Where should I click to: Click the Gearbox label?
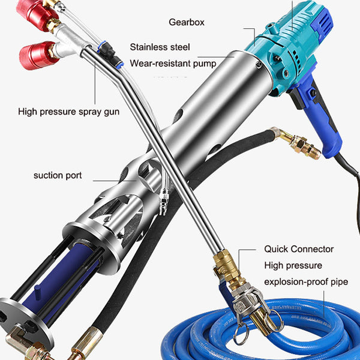pyautogui.click(x=187, y=22)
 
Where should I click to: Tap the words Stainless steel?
pyautogui.click(x=160, y=47)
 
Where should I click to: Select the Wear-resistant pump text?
pyautogui.click(x=173, y=64)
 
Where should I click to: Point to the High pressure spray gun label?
pyautogui.click(x=68, y=112)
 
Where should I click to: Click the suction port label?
pyautogui.click(x=58, y=175)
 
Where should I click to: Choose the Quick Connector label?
pyautogui.click(x=299, y=249)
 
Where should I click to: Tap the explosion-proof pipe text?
pyautogui.click(x=306, y=282)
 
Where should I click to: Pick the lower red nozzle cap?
pyautogui.click(x=38, y=55)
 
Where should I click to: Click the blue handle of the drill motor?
pyautogui.click(x=322, y=122)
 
